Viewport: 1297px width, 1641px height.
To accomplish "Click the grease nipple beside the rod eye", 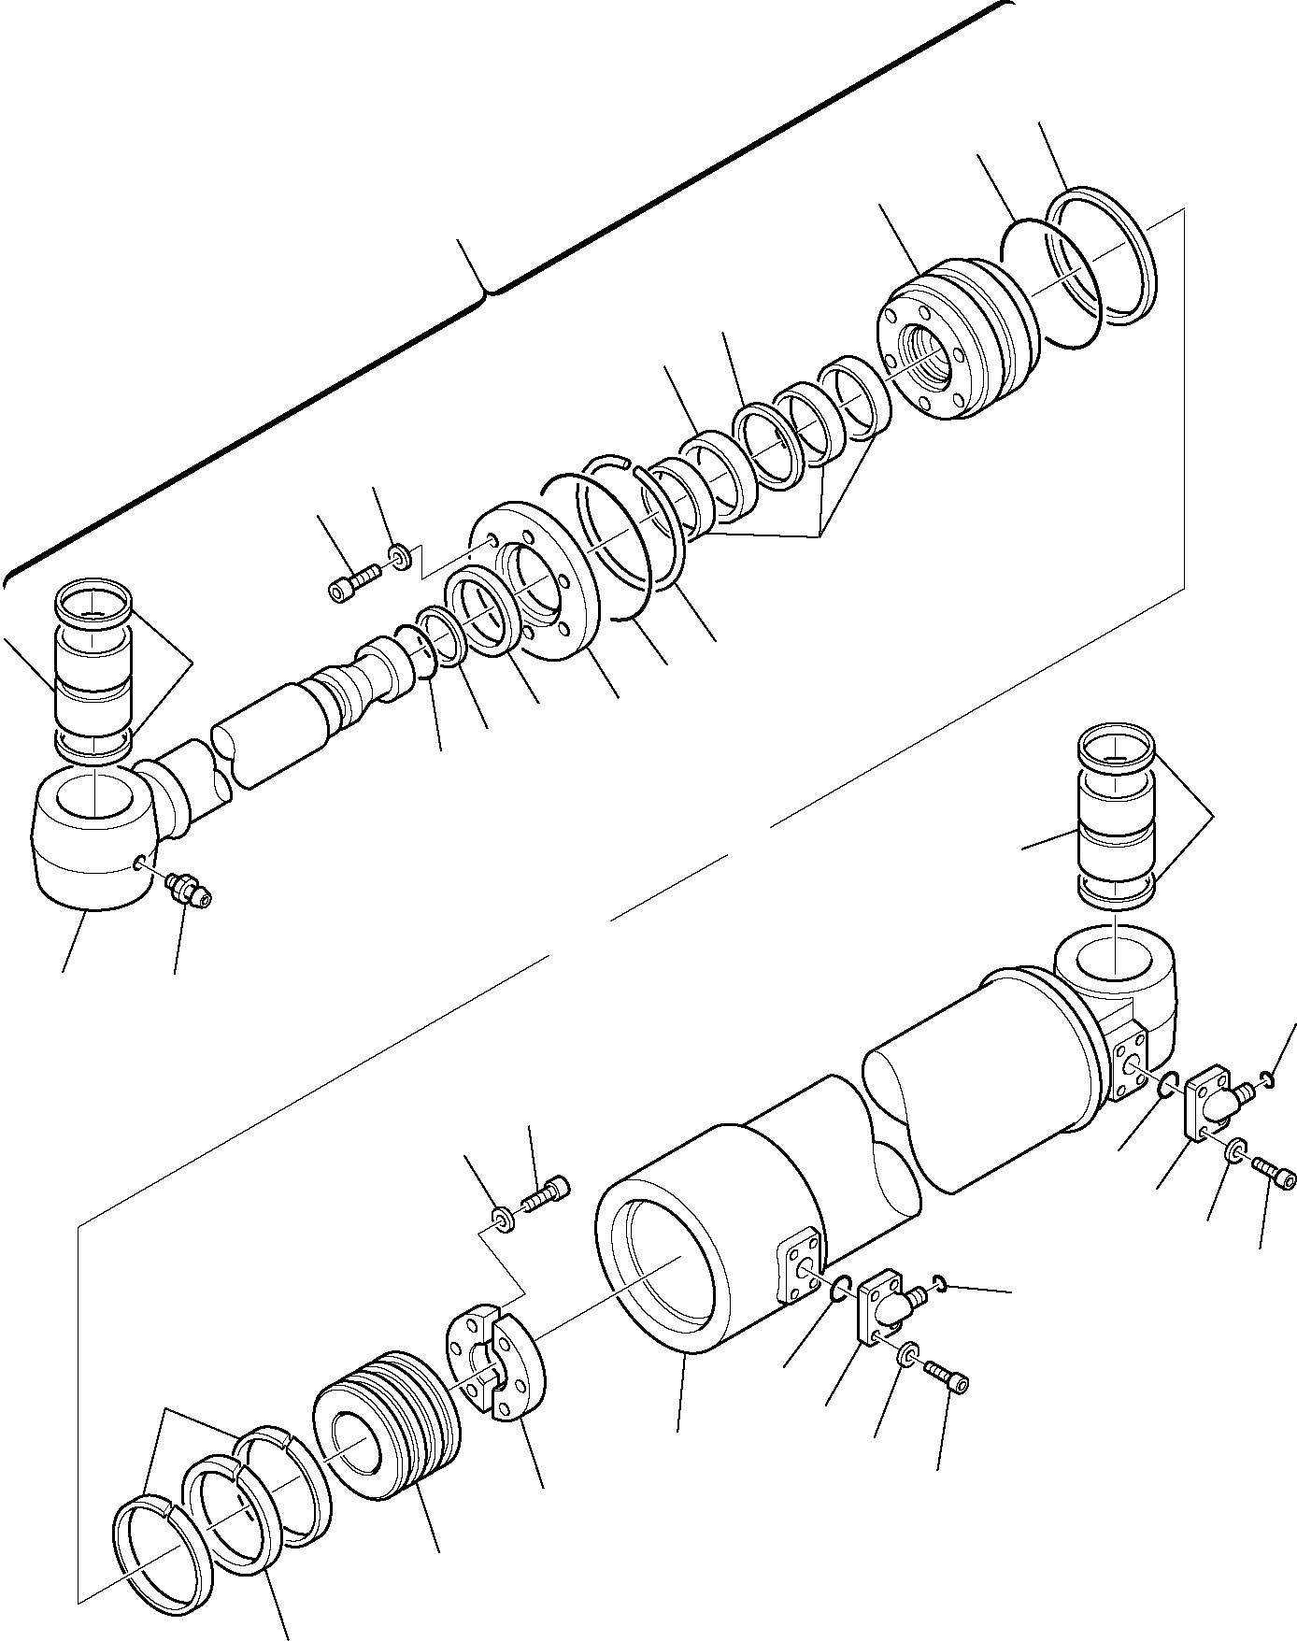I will click(189, 888).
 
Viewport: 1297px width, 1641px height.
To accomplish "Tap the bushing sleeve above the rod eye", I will click(93, 668).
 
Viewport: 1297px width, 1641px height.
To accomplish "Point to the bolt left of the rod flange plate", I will click(351, 585).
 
